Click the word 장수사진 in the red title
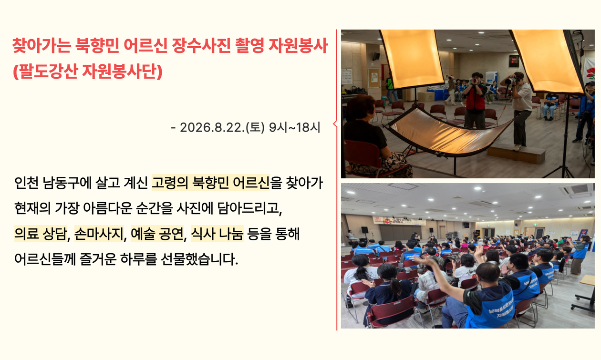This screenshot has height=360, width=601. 201,45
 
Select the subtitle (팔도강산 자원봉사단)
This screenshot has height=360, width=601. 88,71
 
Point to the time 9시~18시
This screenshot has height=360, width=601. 295,127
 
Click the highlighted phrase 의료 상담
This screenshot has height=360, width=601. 40,234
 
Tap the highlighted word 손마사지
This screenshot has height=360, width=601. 99,234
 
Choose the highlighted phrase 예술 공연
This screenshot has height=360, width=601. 156,234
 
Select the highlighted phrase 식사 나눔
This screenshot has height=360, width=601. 217,234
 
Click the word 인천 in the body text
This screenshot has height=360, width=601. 26,183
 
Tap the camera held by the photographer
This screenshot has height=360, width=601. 511,80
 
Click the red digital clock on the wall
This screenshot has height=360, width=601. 514,61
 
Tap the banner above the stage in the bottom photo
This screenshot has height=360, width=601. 399,220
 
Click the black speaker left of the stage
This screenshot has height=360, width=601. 364,230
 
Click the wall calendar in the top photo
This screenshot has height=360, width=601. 347,75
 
